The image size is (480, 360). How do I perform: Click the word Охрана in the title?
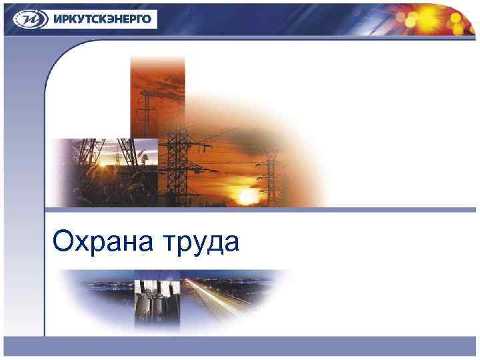(x=103, y=241)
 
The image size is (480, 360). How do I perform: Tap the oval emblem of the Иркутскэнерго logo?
(x=26, y=18)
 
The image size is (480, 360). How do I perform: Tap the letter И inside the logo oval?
(x=26, y=19)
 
